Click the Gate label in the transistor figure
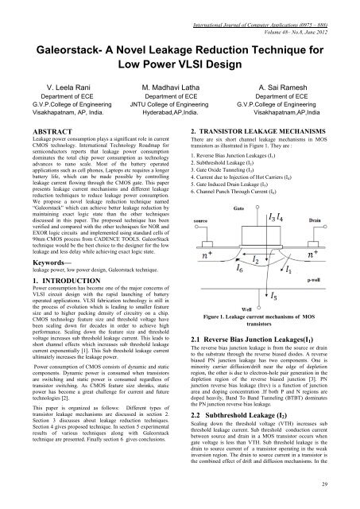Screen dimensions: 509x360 point(237,205)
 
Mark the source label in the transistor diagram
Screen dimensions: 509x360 point(200,220)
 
